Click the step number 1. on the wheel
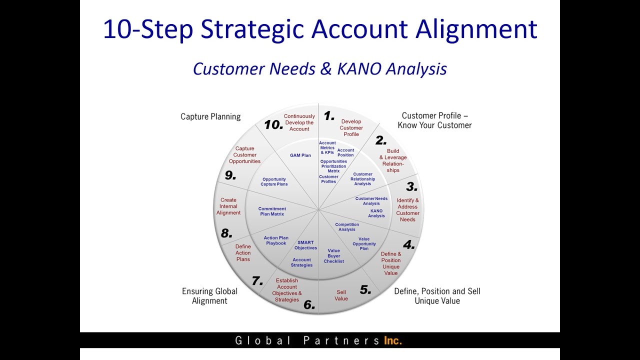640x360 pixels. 328,116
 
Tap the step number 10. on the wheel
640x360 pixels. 273,125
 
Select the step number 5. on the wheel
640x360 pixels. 365,289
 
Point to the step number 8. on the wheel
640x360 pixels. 226,233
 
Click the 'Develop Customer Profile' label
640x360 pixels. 351,127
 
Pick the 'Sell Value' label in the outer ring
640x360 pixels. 341,295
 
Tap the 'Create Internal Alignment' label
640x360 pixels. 228,206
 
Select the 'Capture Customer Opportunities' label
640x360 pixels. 244,155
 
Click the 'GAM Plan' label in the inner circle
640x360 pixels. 300,155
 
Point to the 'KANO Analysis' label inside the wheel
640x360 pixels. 376,213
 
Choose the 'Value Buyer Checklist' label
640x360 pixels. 333,256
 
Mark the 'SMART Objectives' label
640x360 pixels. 305,245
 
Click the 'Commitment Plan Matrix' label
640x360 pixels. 272,211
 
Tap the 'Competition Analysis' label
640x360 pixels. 347,227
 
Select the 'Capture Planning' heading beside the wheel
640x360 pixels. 210,116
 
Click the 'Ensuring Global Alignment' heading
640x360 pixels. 209,296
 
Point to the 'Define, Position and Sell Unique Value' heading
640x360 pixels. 437,296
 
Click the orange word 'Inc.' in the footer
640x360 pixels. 393,340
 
